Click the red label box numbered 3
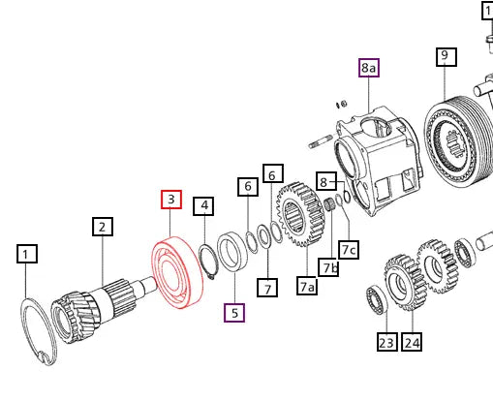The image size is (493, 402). click(171, 201)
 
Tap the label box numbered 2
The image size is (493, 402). click(103, 228)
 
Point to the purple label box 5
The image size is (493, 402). click(233, 312)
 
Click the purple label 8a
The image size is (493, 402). click(369, 68)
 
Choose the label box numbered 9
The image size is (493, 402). click(445, 56)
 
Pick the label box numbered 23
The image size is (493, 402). click(386, 341)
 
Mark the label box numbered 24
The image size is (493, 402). click(413, 341)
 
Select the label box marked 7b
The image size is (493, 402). click(330, 267)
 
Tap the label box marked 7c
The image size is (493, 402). click(349, 249)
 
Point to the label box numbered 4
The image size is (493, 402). click(203, 205)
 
